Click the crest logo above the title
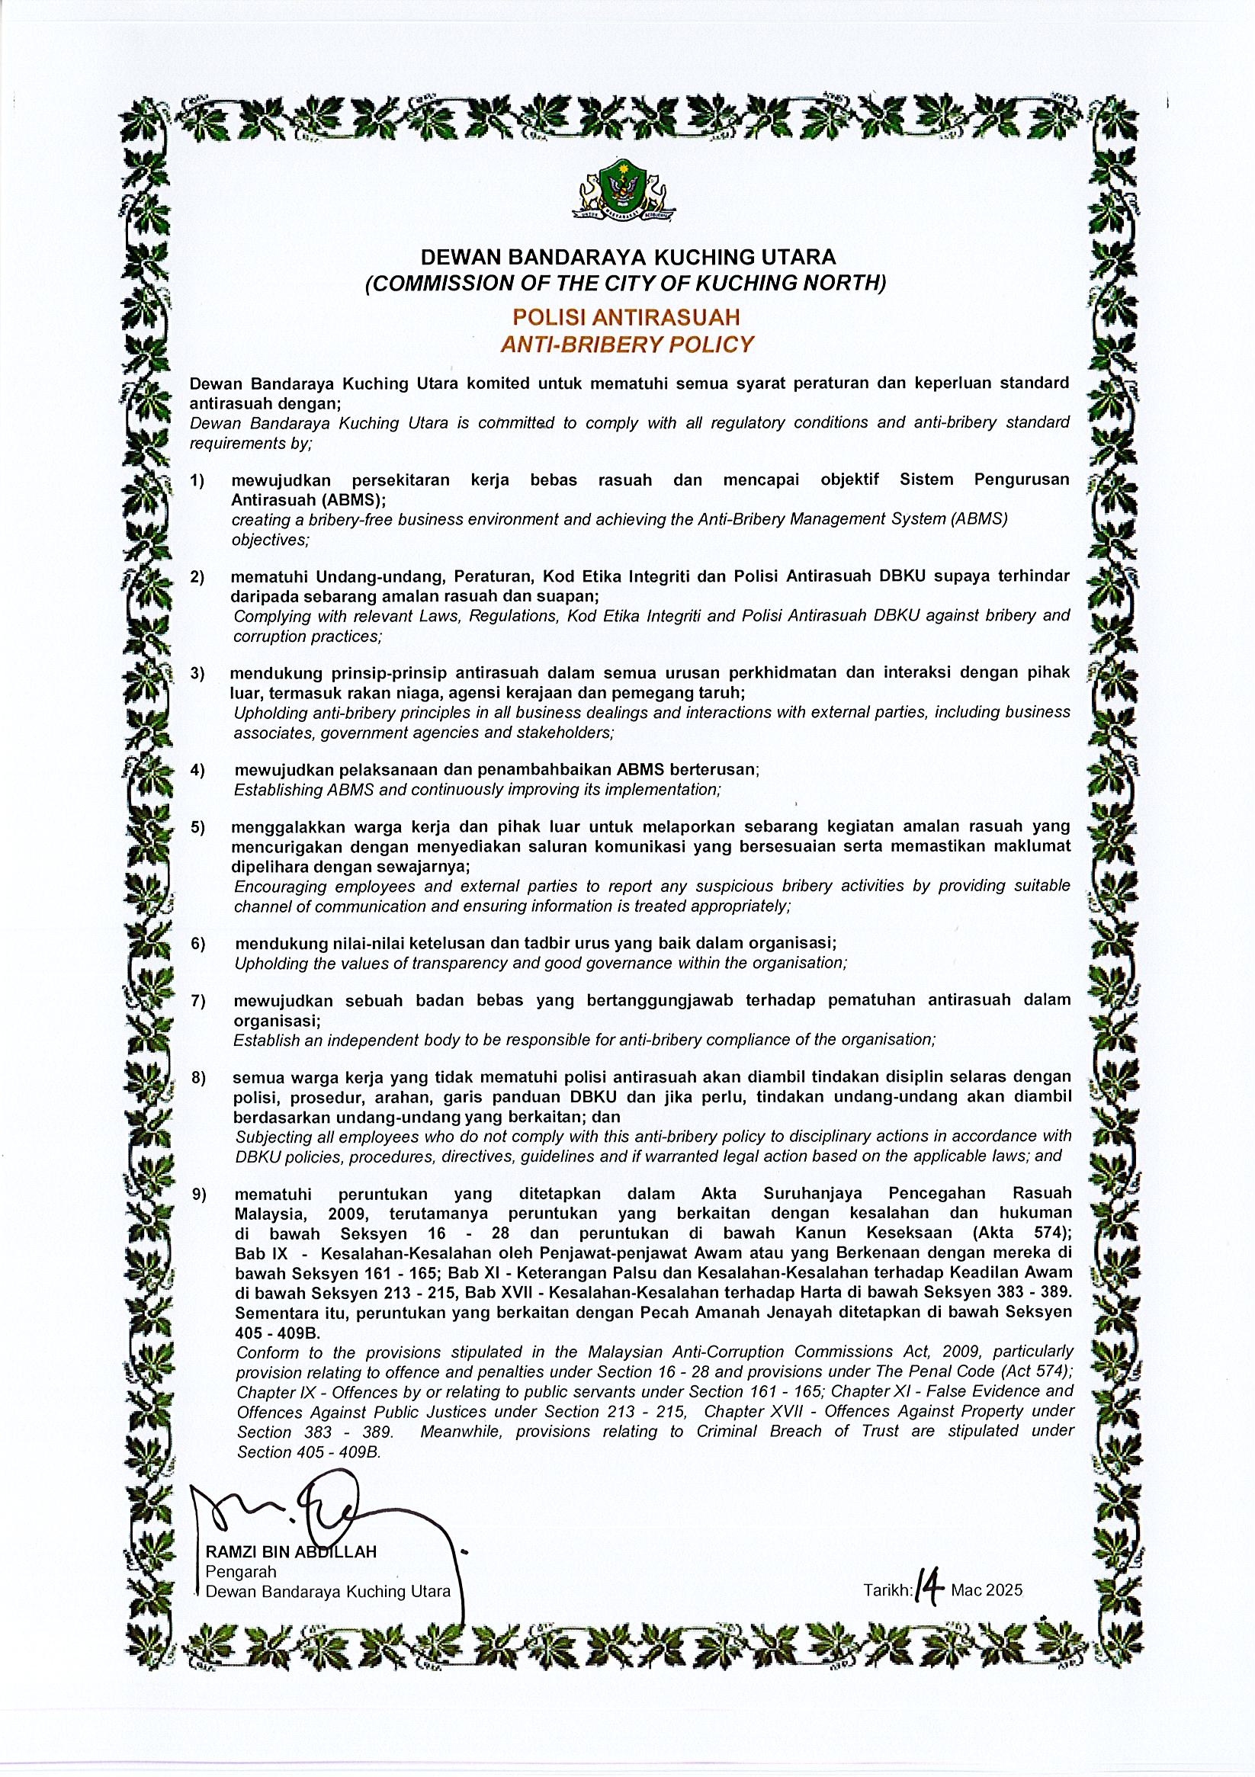[x=624, y=190]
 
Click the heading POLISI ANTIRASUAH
[x=626, y=316]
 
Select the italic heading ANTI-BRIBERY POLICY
[x=626, y=345]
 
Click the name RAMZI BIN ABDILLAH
[x=290, y=1552]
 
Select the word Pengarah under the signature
[x=241, y=1572]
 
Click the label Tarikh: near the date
[x=888, y=1591]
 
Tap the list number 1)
[x=197, y=480]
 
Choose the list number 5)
[x=198, y=827]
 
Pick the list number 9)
[x=200, y=1195]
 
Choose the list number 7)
[x=199, y=1002]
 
